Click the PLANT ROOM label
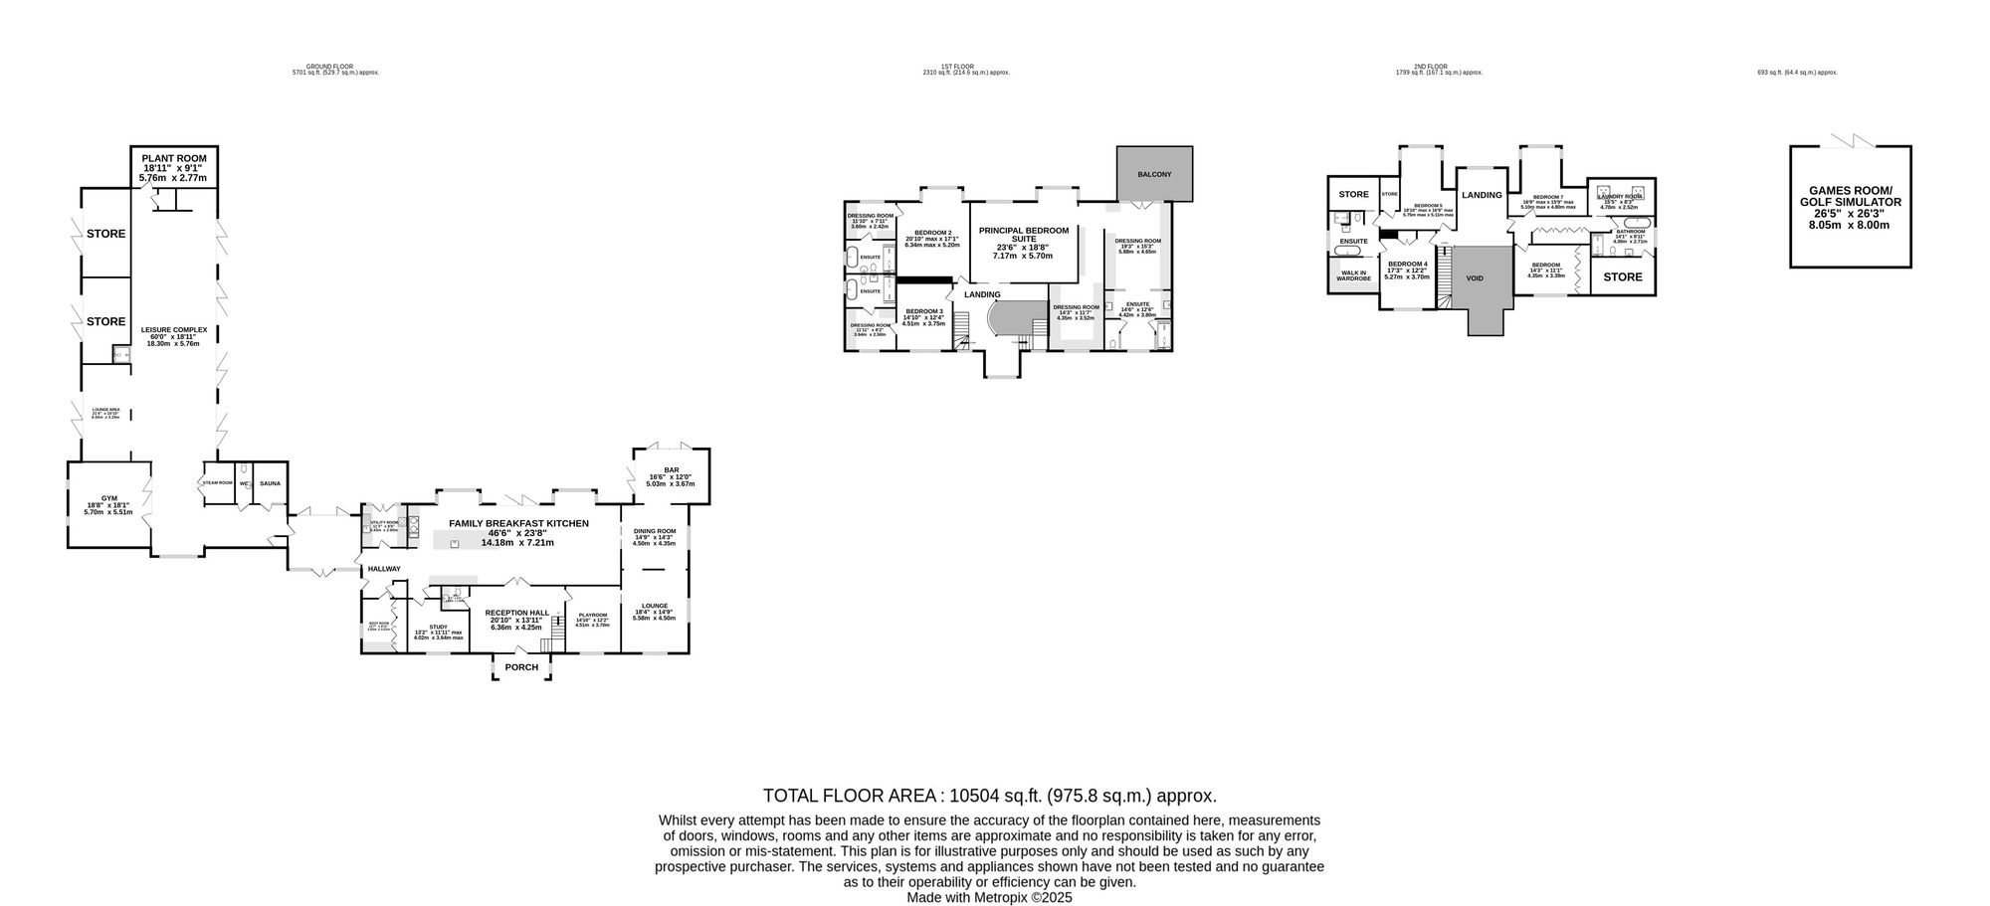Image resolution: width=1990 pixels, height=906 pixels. (174, 158)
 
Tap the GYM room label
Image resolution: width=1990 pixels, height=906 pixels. (108, 499)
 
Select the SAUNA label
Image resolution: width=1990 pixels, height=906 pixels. (270, 484)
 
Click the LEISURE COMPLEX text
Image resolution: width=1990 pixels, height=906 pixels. (173, 330)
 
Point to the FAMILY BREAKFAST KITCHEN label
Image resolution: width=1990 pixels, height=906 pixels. (518, 523)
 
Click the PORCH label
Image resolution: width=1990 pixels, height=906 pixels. (521, 667)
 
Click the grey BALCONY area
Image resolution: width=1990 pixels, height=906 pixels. (1154, 174)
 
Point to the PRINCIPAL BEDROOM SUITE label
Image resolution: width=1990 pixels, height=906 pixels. (1023, 235)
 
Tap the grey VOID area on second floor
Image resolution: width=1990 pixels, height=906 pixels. (1475, 278)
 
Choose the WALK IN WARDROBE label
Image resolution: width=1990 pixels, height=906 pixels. (1353, 275)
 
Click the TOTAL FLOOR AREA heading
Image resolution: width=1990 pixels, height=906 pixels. (989, 796)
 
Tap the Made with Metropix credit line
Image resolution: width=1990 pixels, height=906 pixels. (989, 897)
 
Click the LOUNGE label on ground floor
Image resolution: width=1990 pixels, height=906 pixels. (654, 606)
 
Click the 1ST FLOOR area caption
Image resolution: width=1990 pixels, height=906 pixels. (965, 66)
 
